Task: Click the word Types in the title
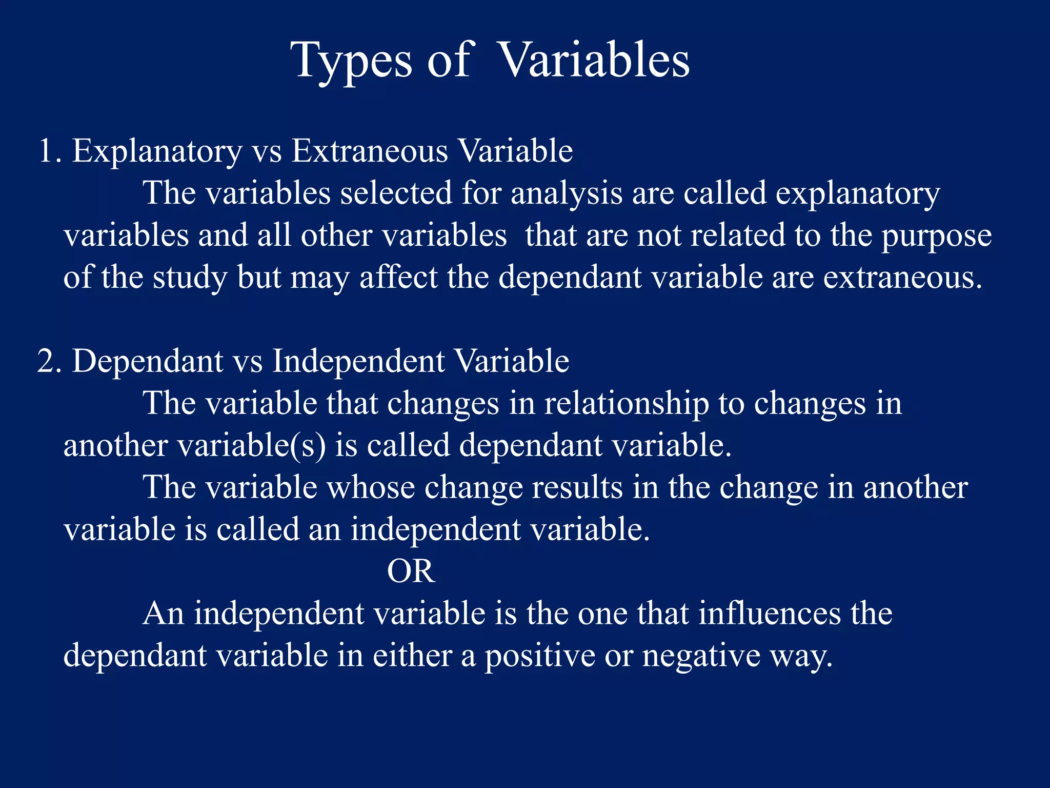click(354, 62)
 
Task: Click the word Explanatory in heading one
click(156, 152)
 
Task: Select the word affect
click(398, 278)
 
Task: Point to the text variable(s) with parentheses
click(251, 445)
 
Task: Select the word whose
click(371, 487)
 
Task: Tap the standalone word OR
click(411, 572)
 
